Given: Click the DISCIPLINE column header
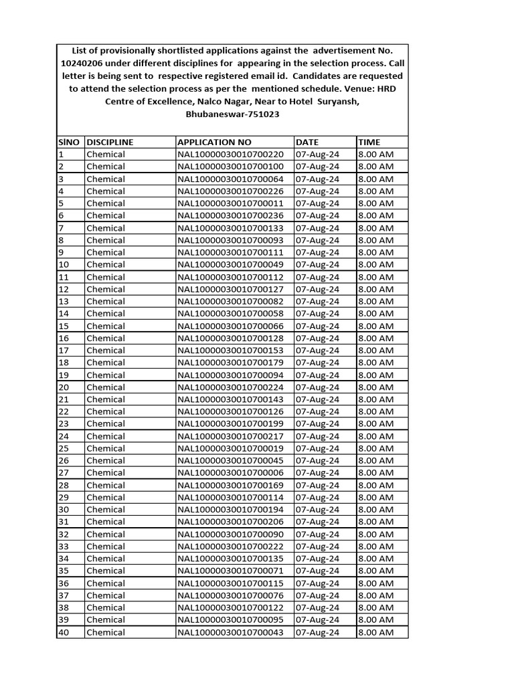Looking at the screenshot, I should pyautogui.click(x=110, y=142).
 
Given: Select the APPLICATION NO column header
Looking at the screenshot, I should pyautogui.click(x=214, y=142).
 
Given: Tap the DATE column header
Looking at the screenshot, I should pyautogui.click(x=307, y=142).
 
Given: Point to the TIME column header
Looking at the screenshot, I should pyautogui.click(x=369, y=142).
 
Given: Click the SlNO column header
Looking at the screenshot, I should pyautogui.click(x=69, y=142).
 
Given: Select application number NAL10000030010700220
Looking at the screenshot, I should pyautogui.click(x=231, y=154).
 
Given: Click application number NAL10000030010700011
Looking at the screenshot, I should pyautogui.click(x=231, y=203).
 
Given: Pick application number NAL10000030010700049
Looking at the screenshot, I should pyautogui.click(x=231, y=264).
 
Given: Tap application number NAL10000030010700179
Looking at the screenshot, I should pyautogui.click(x=231, y=363).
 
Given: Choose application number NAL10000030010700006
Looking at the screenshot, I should pyautogui.click(x=231, y=472).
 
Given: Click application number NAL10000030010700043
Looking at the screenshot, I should pyautogui.click(x=231, y=632).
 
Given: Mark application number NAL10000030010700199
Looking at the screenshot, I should pyautogui.click(x=231, y=423).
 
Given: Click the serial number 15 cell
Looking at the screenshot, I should pyautogui.click(x=64, y=326).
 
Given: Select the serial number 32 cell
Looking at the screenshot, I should pyautogui.click(x=64, y=534).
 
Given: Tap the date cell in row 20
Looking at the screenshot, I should pyautogui.click(x=317, y=387).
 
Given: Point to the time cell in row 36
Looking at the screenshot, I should pyautogui.click(x=376, y=583).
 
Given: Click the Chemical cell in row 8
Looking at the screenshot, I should pyautogui.click(x=106, y=240).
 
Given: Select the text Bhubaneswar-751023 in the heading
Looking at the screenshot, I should pyautogui.click(x=232, y=114).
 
